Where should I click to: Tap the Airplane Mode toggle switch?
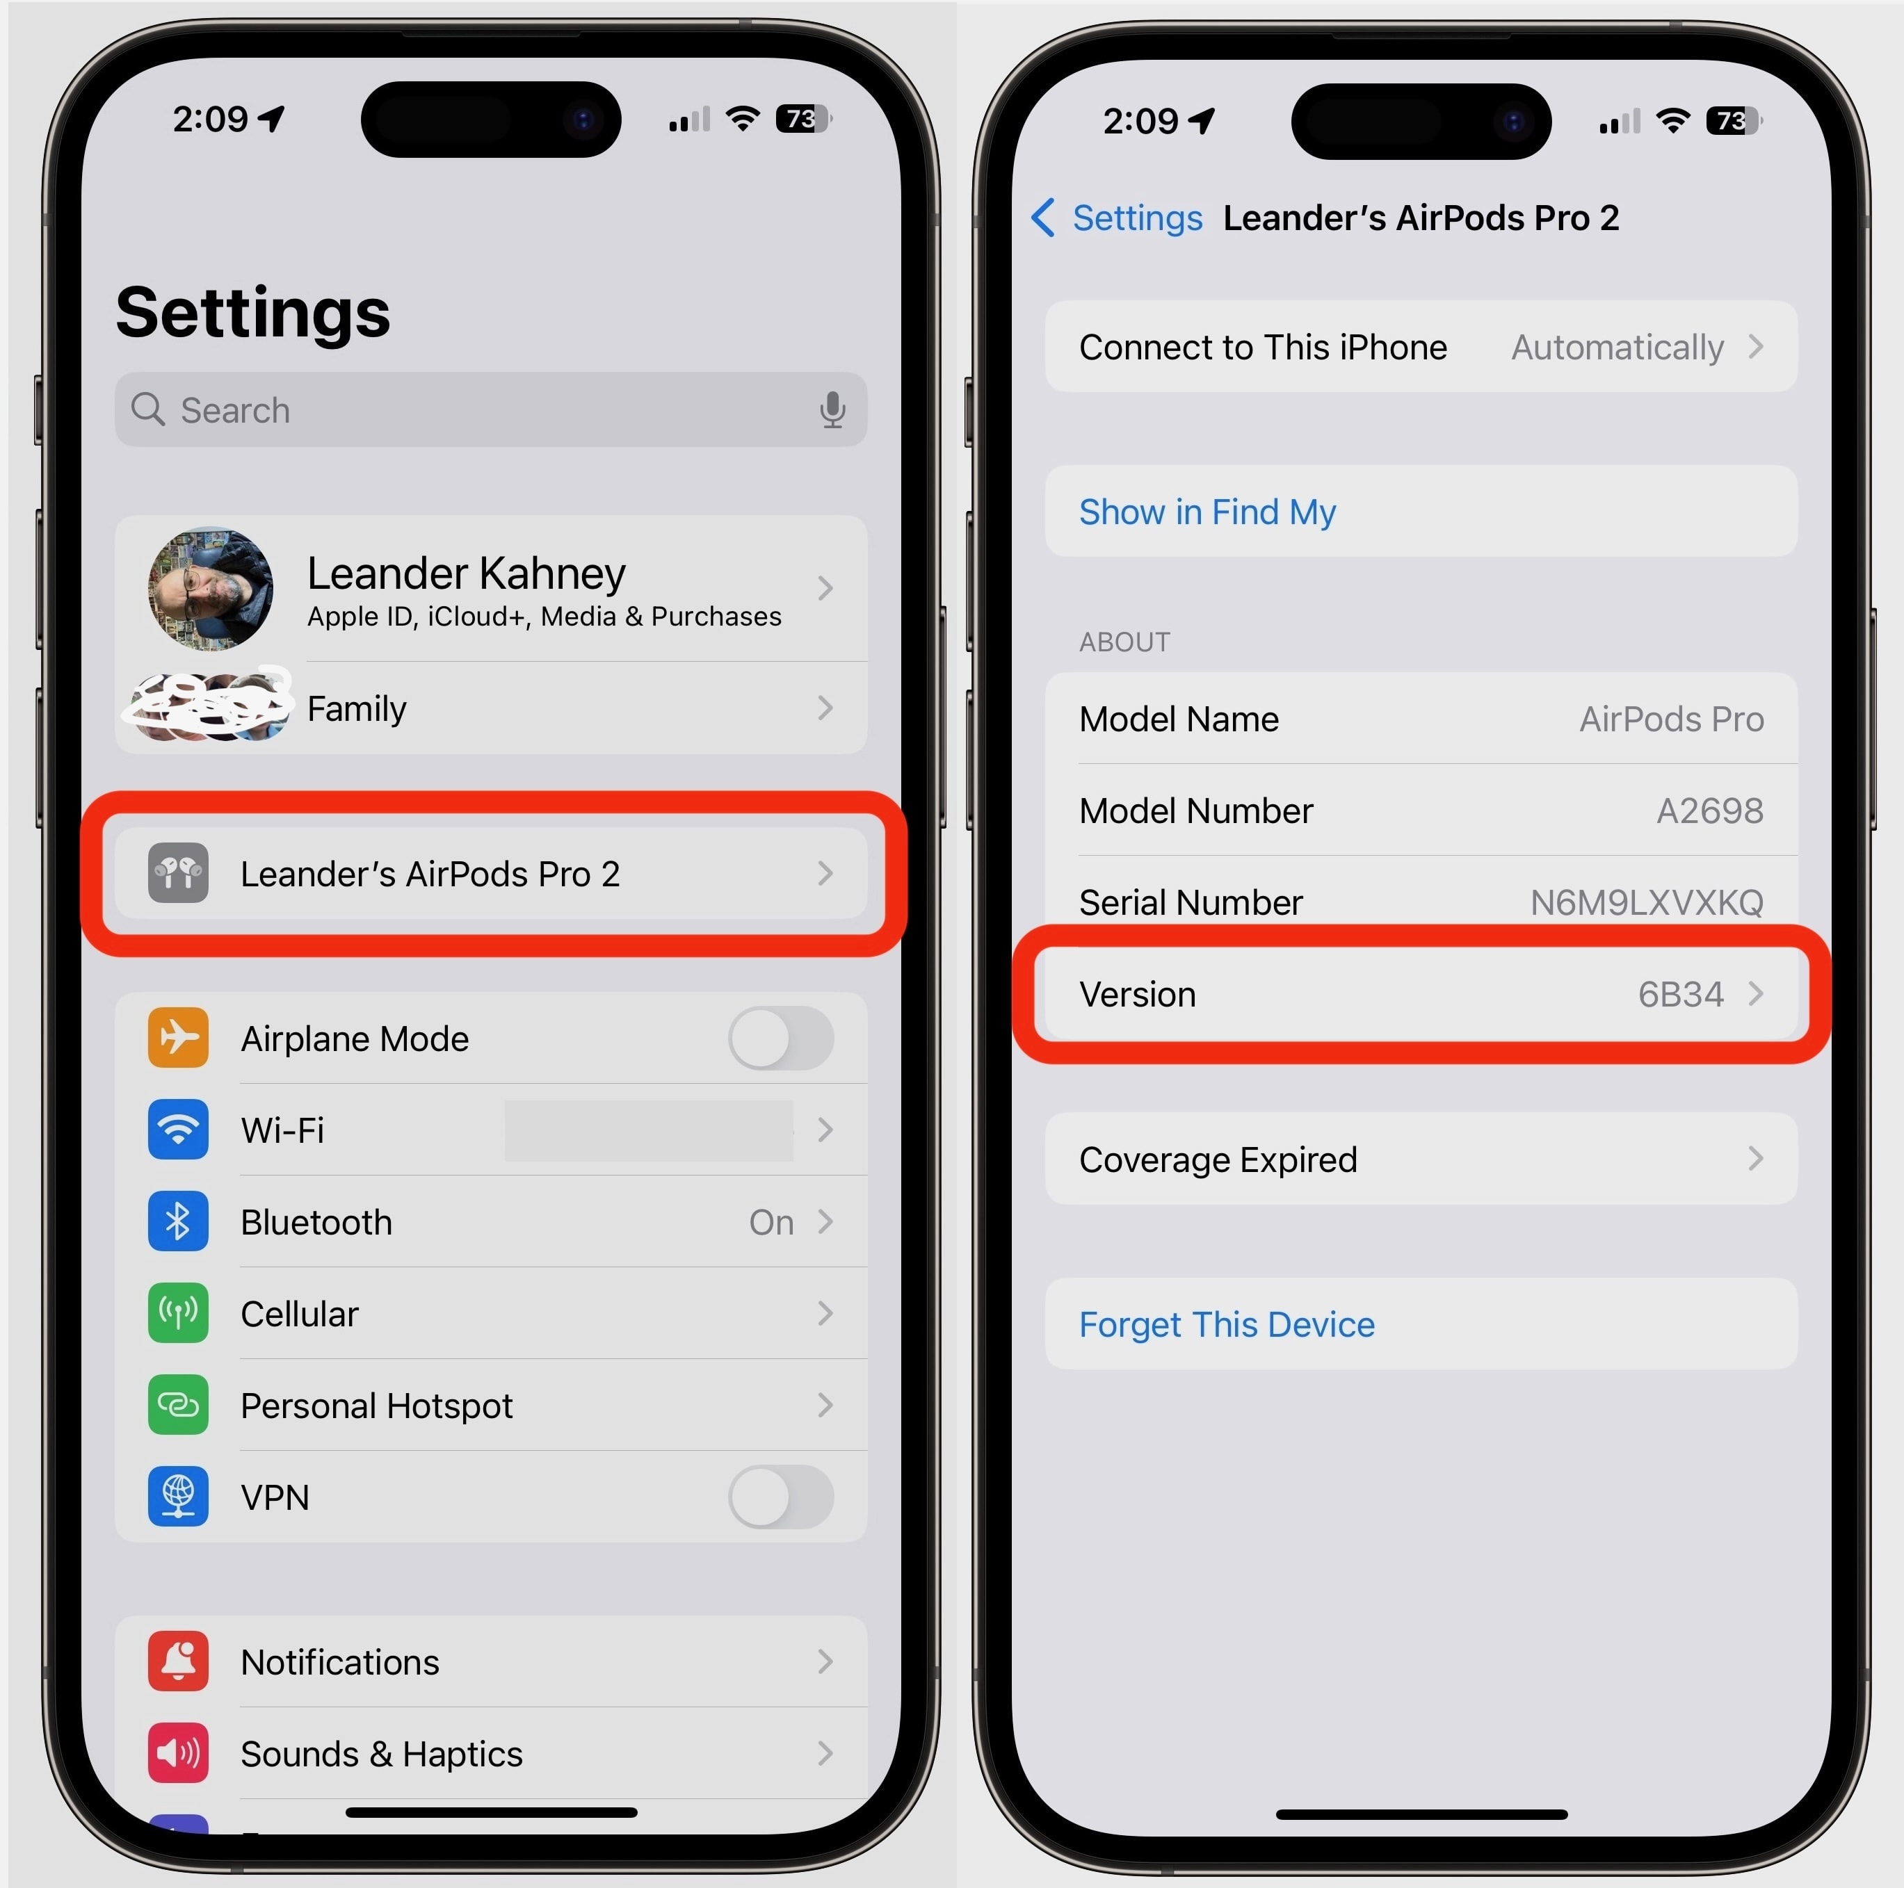tap(780, 1038)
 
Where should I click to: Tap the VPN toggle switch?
tap(780, 1497)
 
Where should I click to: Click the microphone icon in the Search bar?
tap(833, 409)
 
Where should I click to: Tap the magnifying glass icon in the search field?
tap(148, 408)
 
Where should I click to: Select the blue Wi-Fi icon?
tap(179, 1129)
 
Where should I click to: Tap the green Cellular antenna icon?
tap(179, 1312)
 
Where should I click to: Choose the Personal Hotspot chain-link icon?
tap(179, 1404)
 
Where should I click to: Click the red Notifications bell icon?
tap(179, 1661)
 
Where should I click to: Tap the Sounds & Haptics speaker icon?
tap(179, 1753)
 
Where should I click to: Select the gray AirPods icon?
tap(179, 873)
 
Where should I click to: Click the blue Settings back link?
tap(1136, 218)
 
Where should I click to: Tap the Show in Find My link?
tap(1207, 512)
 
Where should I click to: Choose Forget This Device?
tap(1226, 1324)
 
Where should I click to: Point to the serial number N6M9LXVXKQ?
tap(1646, 902)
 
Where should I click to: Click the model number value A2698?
tap(1709, 810)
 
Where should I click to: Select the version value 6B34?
tap(1680, 994)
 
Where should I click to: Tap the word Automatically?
tap(1617, 347)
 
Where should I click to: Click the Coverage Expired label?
tap(1218, 1159)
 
